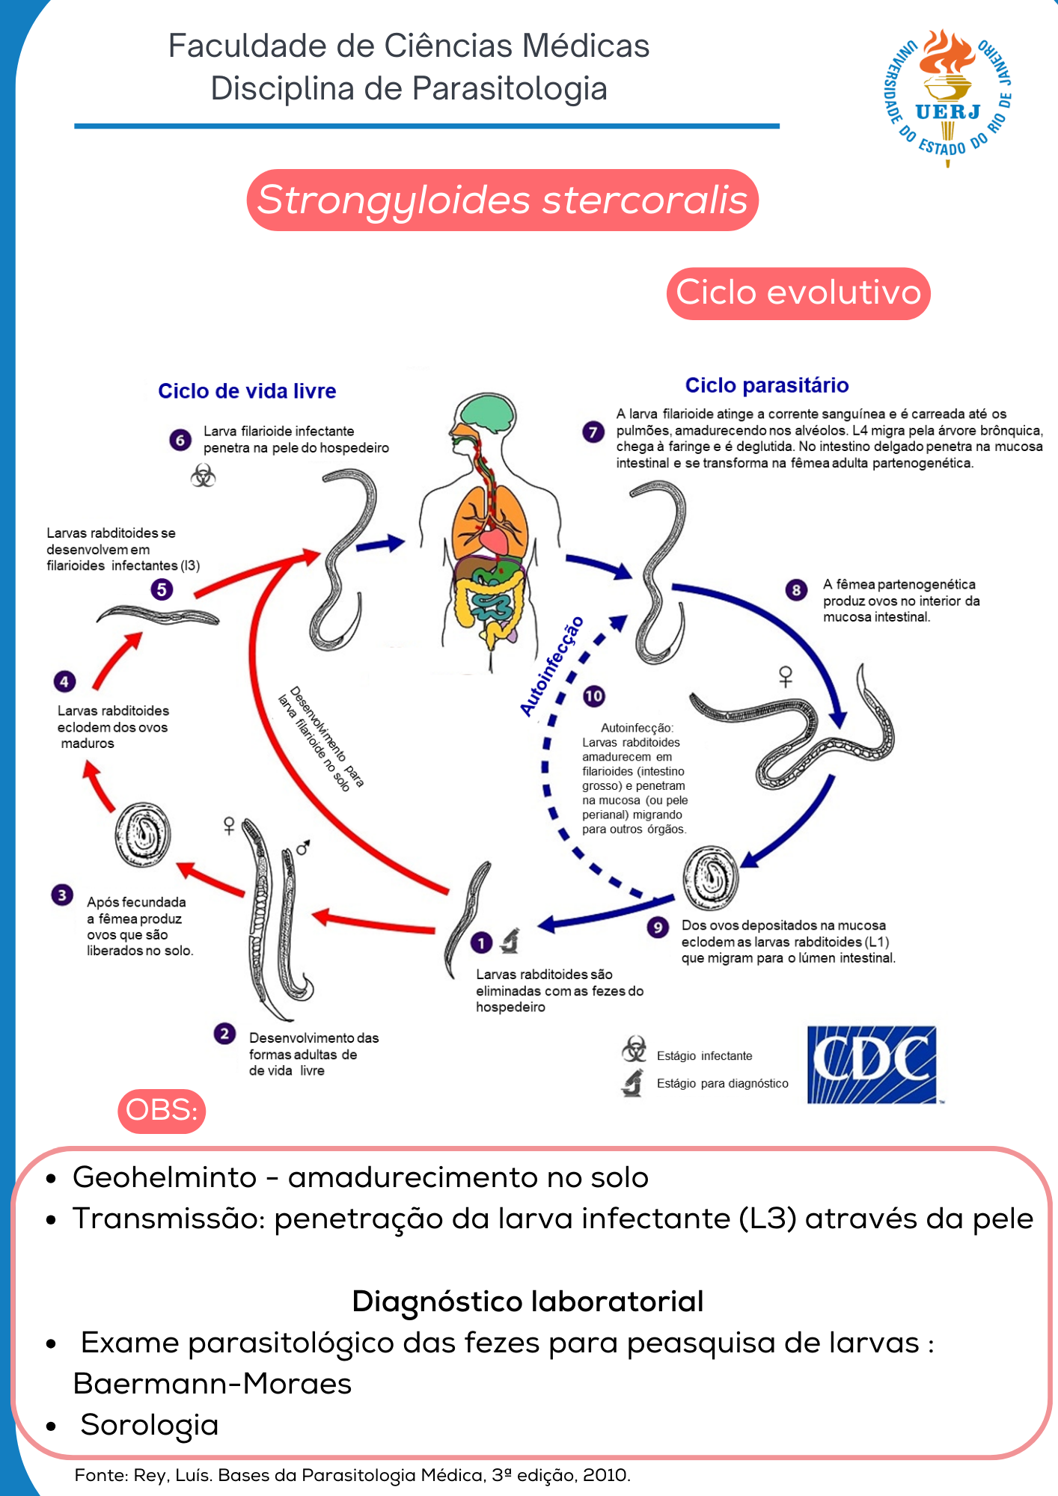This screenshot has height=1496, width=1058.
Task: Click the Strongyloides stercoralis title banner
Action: pos(502,200)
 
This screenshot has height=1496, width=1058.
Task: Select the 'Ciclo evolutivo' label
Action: pos(798,293)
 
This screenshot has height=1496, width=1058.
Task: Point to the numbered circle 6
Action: pos(180,440)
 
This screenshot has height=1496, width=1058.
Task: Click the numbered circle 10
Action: pos(593,696)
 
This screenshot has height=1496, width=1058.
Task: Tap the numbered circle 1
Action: pos(481,942)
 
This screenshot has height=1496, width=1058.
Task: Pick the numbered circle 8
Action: pos(796,590)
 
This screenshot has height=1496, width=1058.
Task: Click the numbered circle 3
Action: pos(62,895)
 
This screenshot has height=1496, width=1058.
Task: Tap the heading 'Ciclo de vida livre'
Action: pos(247,391)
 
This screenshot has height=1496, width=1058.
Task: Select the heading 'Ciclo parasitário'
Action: pos(767,385)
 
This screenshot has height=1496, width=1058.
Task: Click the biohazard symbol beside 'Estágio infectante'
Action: pos(634,1049)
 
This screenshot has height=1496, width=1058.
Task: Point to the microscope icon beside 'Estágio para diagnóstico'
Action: pos(633,1082)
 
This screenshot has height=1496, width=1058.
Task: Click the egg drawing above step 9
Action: pos(709,877)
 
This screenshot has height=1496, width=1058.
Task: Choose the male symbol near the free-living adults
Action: pos(303,848)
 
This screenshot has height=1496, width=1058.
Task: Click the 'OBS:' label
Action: pos(162,1110)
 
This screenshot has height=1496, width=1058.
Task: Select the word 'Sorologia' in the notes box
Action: pos(150,1425)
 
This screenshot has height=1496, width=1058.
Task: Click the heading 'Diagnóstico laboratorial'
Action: pos(528,1302)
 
